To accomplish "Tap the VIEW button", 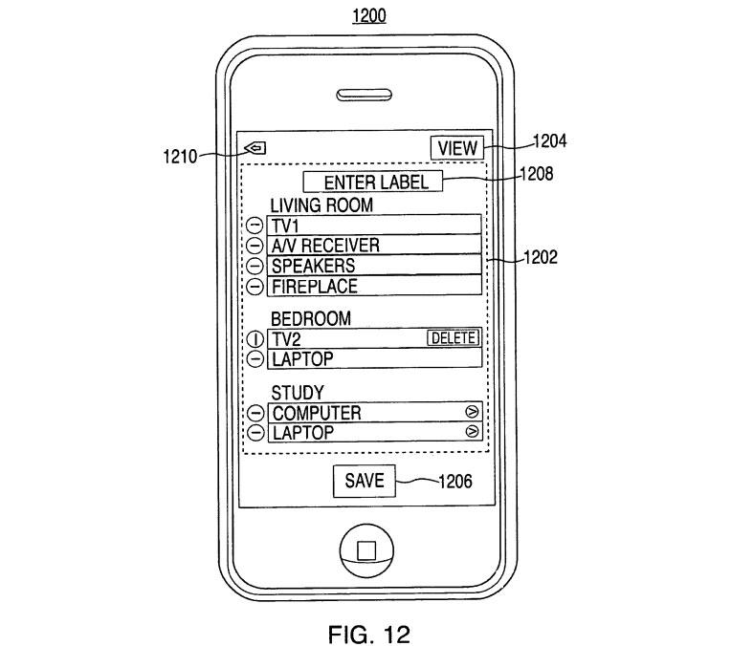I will pos(457,148).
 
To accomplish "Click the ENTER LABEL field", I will pos(372,183).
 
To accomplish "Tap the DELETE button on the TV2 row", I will pos(452,337).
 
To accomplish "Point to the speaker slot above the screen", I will pos(365,96).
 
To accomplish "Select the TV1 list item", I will pos(374,226).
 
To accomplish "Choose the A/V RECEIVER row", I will pos(374,246).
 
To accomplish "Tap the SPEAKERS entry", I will pos(374,266).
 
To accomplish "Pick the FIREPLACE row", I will pos(374,286).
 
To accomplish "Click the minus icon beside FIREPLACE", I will pos(255,286).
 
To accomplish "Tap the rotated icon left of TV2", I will pos(255,338).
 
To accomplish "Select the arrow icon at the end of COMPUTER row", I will pos(471,412).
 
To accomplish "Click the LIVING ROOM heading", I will pos(321,205).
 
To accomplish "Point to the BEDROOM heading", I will pos(311,318).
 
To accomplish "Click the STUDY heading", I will pos(297,393).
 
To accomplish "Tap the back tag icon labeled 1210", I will pos(255,148).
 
